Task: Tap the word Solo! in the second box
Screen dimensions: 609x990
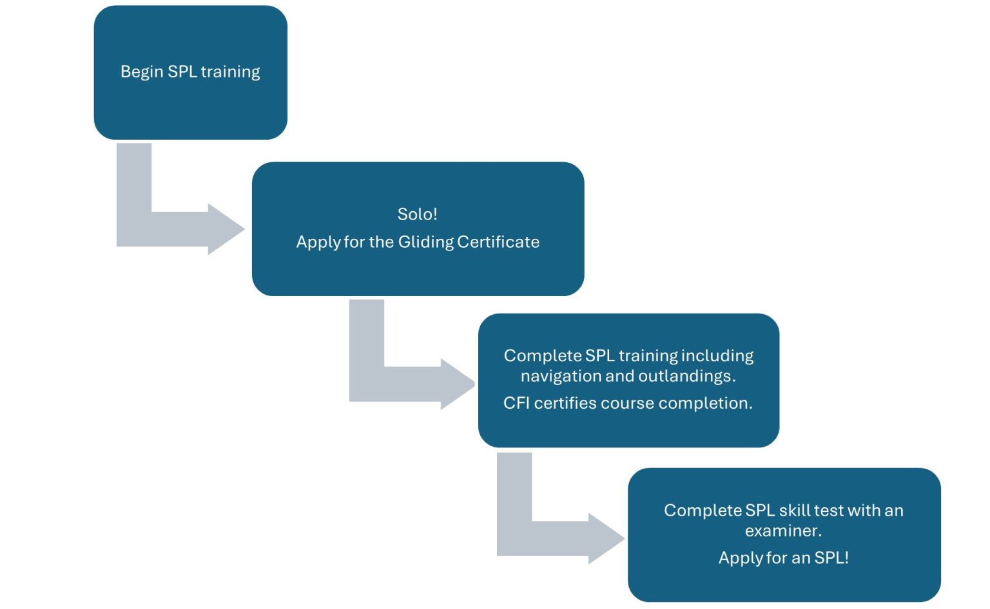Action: (417, 214)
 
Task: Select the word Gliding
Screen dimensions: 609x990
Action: (426, 242)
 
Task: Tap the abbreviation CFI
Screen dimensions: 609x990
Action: (516, 403)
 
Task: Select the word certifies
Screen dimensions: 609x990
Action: (565, 403)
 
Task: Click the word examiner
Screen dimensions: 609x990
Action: (783, 530)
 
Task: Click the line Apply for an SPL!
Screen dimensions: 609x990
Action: (783, 557)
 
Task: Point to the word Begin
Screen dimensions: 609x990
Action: (142, 71)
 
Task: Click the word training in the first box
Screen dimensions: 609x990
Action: (230, 71)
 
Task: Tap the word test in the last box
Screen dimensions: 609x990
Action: (828, 511)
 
